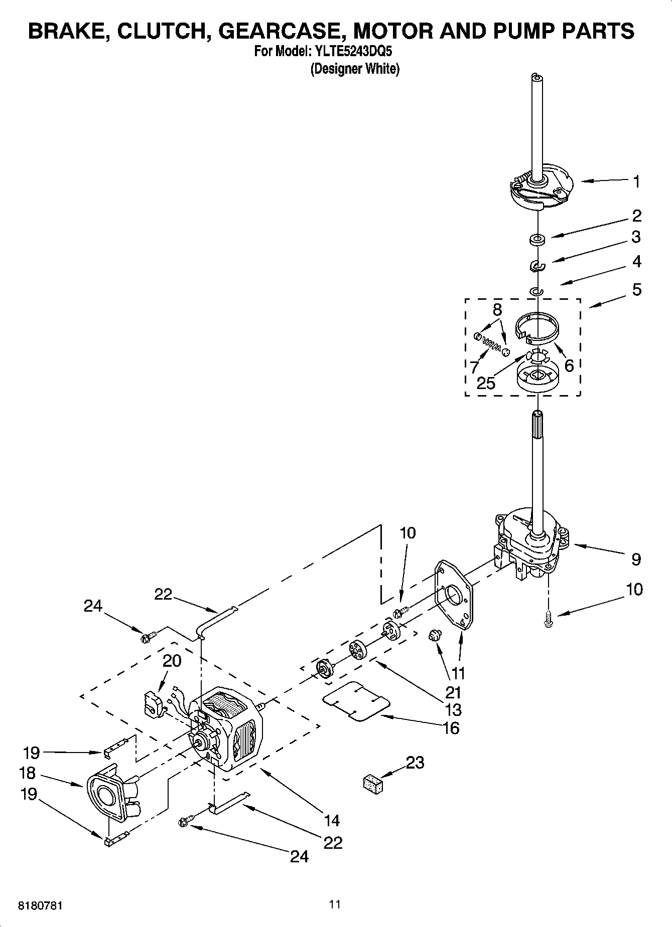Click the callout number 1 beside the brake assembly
636,181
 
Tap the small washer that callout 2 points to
537,239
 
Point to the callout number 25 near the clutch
486,383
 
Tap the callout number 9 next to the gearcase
636,559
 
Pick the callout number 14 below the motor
332,820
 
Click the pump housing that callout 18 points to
107,793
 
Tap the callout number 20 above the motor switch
172,661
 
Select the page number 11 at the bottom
335,904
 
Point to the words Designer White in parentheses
355,69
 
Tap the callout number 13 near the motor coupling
454,709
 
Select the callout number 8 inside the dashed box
497,309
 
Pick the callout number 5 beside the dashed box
636,289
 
